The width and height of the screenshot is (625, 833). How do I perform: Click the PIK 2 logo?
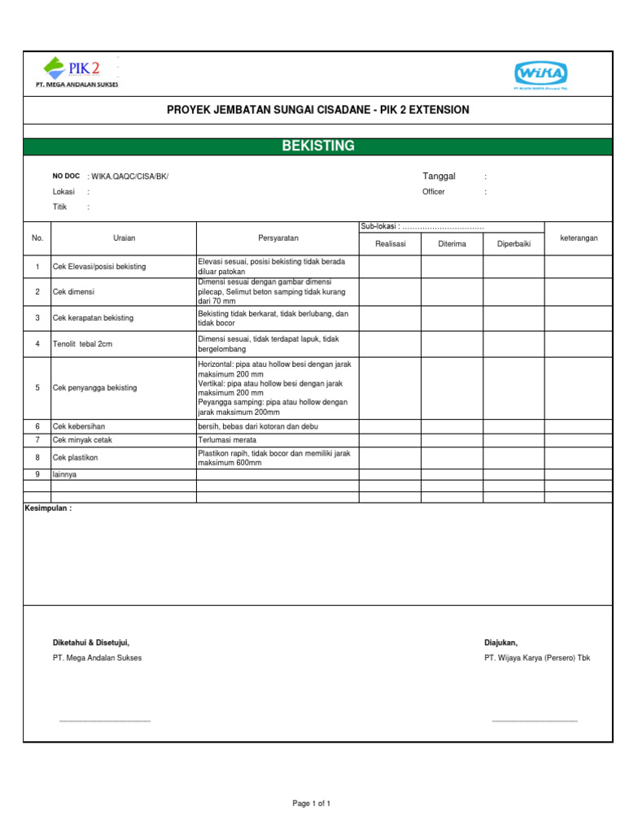(81, 72)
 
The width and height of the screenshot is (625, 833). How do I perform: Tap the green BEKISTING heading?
(317, 146)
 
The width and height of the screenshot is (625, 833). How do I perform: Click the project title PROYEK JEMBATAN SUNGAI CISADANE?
(317, 110)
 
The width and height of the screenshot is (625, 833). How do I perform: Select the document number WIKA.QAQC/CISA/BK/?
(130, 177)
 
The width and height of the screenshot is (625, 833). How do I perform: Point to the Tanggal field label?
(439, 177)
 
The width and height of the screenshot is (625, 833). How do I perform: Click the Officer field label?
(434, 192)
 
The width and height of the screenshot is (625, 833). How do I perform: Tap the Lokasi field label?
(63, 192)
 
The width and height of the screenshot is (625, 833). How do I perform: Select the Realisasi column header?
(390, 244)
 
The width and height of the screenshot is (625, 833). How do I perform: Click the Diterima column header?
(452, 244)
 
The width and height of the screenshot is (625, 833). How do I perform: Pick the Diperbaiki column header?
(514, 244)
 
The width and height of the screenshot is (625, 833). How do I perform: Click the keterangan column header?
(579, 238)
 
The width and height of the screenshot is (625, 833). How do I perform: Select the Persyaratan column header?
(278, 238)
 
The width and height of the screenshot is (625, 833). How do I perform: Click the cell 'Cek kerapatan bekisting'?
(93, 318)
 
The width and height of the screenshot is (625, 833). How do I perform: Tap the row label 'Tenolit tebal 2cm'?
(82, 344)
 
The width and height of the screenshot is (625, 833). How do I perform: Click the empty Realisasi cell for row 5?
(390, 387)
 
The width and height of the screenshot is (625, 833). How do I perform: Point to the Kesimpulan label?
(48, 508)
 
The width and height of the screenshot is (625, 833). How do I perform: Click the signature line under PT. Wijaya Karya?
(535, 721)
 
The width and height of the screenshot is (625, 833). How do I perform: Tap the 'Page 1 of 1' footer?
(312, 804)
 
